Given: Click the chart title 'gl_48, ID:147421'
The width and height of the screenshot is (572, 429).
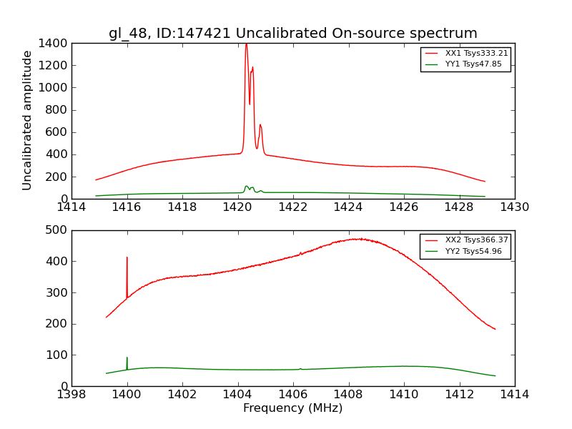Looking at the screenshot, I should point(293,33).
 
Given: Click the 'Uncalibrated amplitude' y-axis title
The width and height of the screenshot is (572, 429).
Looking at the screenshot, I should point(28,120).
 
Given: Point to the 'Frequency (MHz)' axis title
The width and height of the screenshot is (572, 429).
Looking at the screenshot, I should point(293,408).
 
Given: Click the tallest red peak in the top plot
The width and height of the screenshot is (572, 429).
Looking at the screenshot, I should point(246,44).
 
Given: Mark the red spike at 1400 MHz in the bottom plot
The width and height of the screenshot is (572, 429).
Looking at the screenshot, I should point(127,257).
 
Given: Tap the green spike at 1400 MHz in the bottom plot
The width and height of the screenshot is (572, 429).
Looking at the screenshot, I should point(127,357).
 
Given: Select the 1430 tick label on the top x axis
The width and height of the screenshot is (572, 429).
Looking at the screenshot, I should point(514,207).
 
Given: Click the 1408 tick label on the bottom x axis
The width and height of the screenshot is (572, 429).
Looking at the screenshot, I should point(348,394).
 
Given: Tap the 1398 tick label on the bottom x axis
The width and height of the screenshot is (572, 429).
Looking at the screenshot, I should point(71,394).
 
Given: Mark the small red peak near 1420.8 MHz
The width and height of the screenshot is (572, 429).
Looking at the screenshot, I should point(260,125).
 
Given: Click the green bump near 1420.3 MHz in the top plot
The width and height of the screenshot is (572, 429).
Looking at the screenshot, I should point(246,187).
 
